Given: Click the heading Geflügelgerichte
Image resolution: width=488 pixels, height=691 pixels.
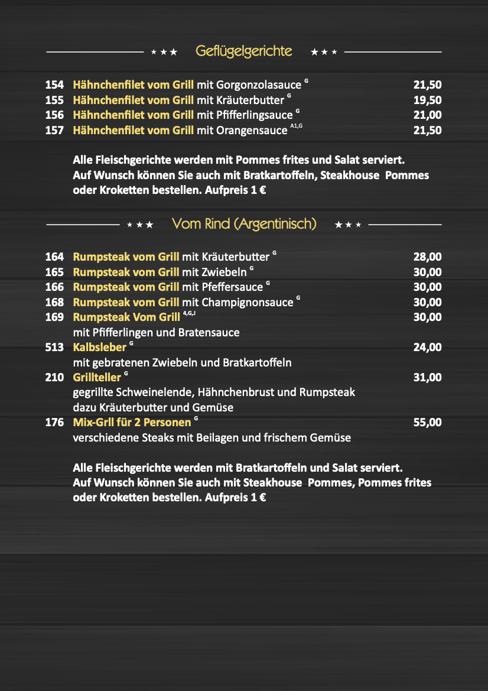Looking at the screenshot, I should [243, 51].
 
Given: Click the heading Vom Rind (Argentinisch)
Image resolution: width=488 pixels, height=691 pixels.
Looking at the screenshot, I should [244, 224].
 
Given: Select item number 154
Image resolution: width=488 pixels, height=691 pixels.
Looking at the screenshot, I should [54, 85].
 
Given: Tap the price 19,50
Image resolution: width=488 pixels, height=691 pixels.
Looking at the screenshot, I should [427, 100].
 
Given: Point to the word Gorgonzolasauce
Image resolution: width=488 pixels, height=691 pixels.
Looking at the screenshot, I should [250, 85].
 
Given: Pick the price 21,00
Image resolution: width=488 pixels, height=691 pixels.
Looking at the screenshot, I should [427, 115].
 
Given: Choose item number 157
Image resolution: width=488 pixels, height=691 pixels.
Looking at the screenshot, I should [54, 130].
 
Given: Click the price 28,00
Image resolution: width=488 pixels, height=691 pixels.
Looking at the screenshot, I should [427, 257].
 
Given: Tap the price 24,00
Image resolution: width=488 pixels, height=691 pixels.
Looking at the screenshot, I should [427, 348].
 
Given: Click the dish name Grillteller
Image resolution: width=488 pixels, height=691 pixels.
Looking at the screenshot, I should [97, 378].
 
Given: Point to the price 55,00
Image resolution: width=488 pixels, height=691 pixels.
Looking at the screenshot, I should [427, 423].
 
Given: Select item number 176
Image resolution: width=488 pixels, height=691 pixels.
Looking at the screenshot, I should [54, 423].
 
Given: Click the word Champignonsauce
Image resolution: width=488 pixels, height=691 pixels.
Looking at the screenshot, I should [248, 303].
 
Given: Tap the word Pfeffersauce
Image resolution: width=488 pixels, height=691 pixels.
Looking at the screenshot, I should [232, 287].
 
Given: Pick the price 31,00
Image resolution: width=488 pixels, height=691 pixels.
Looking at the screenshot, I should [427, 378].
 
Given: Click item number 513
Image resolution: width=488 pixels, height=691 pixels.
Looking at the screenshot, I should [54, 348].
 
